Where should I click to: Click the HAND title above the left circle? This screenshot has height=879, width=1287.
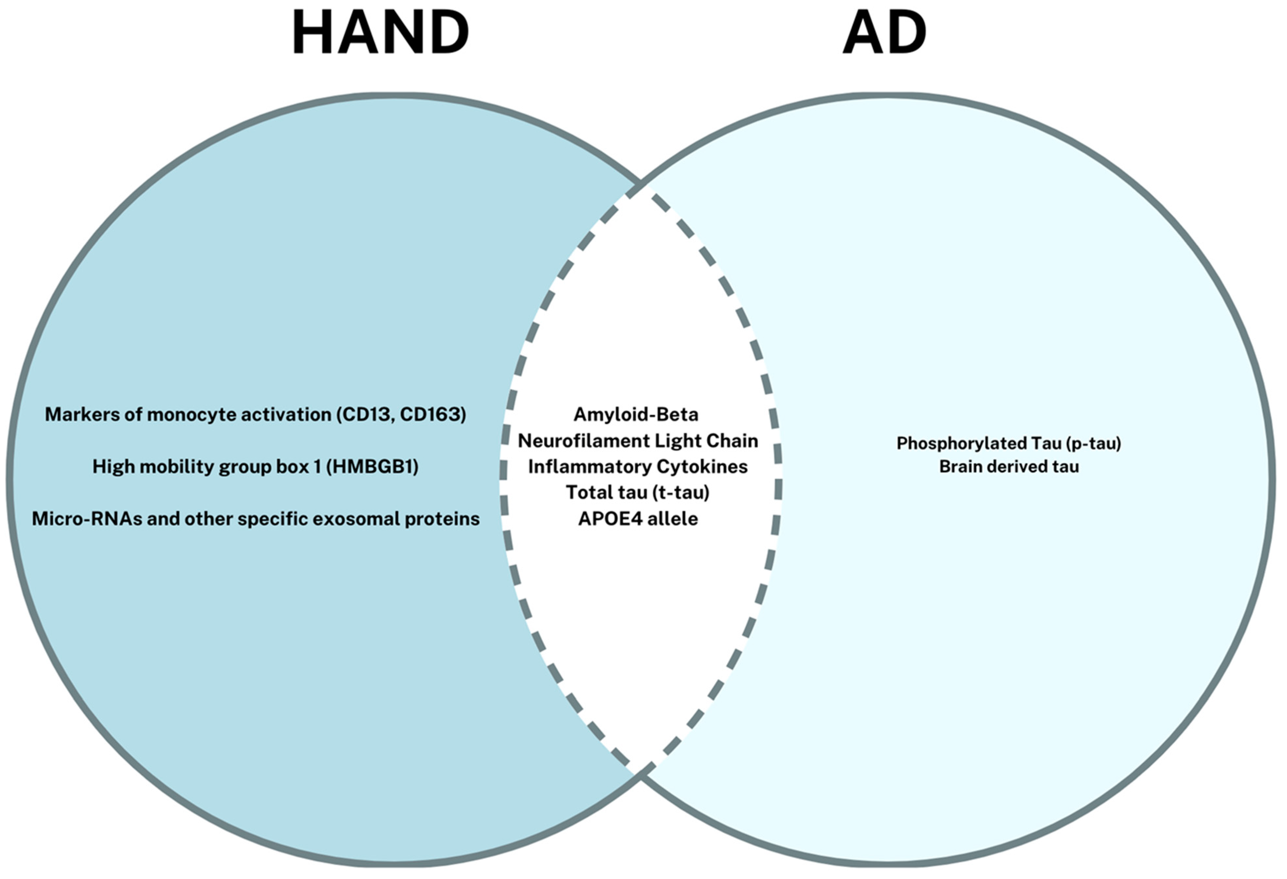coord(380,34)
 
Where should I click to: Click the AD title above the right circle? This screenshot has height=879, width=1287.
coord(884,34)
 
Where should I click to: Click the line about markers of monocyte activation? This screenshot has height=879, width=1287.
coord(255,414)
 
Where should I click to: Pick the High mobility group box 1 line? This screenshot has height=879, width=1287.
coord(255,467)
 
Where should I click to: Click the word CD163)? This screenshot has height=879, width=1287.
coord(433,414)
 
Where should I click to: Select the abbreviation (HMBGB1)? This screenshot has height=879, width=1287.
coord(372,467)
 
